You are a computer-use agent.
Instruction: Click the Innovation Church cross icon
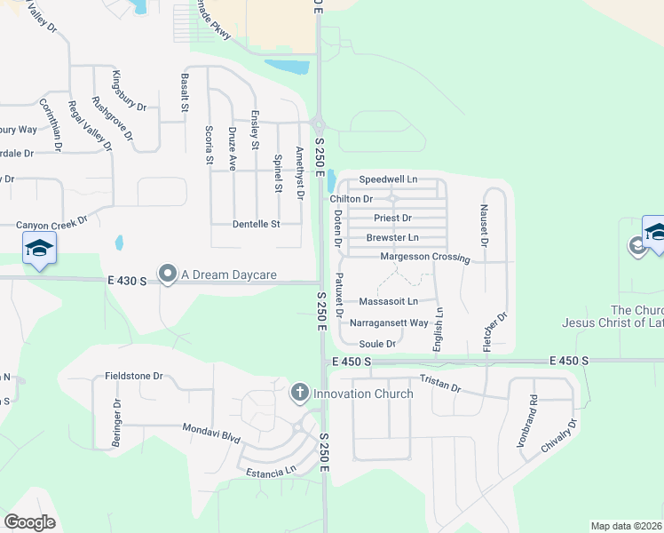click(x=300, y=392)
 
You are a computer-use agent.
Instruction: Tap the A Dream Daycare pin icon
click(x=167, y=274)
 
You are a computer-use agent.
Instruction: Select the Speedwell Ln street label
click(x=387, y=179)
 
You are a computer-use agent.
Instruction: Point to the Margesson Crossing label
click(x=424, y=257)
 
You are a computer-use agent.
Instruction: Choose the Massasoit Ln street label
click(x=388, y=302)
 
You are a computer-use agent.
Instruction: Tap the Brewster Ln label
click(x=392, y=238)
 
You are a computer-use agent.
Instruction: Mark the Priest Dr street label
click(x=392, y=218)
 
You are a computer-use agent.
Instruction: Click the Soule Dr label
click(x=376, y=344)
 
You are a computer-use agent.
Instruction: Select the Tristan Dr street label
click(x=440, y=382)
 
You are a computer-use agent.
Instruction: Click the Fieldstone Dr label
click(x=134, y=376)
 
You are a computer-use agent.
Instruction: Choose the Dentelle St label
click(x=256, y=224)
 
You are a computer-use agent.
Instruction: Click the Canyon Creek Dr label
click(x=52, y=225)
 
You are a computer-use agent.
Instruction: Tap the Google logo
click(x=29, y=521)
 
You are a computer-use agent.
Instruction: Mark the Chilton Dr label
click(x=352, y=200)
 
